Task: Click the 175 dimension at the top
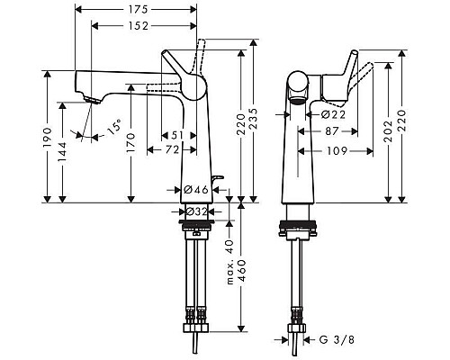pyautogui.click(x=136, y=9)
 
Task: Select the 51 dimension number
pyautogui.click(x=180, y=135)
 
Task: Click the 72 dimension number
pyautogui.click(x=170, y=149)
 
